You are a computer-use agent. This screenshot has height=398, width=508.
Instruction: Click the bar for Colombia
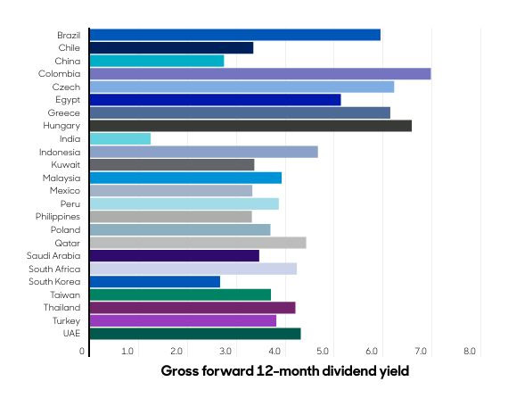click(260, 74)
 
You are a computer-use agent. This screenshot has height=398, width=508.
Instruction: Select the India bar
click(120, 138)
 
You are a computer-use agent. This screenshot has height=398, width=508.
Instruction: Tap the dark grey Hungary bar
click(250, 126)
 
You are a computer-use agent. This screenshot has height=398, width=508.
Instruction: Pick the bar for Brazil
click(235, 35)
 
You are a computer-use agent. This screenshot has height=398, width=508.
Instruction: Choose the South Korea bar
click(155, 281)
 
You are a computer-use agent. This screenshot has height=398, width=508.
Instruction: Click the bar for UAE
click(195, 334)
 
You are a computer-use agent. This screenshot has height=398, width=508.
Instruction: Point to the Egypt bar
click(215, 100)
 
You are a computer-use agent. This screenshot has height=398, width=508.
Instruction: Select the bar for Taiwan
click(180, 294)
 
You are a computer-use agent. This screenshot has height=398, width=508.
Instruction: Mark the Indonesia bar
click(204, 152)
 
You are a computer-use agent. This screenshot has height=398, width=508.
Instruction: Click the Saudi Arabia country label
click(54, 256)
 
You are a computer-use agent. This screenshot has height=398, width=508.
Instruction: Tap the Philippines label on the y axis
click(58, 217)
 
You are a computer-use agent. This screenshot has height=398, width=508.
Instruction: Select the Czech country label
click(67, 87)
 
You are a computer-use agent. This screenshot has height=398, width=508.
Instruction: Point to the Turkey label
click(66, 320)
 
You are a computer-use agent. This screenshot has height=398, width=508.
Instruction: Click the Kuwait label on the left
click(65, 165)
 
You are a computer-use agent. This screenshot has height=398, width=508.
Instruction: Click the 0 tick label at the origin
click(83, 352)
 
